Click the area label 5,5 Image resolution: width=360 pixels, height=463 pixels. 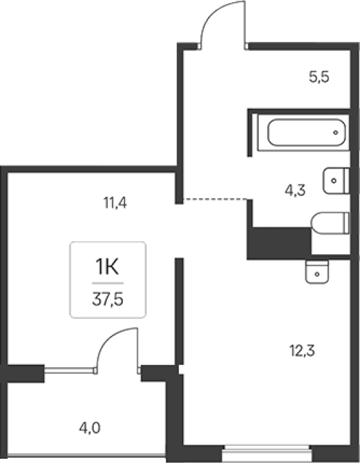tap(319, 77)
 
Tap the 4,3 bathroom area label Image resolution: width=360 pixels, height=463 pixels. tap(295, 190)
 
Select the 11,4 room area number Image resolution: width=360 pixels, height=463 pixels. tap(115, 203)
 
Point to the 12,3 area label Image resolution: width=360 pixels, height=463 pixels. tap(302, 351)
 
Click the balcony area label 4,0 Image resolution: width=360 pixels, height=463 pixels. tap(90, 428)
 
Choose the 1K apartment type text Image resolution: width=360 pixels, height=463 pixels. tap(107, 266)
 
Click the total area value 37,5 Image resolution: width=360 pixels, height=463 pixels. tap(107, 299)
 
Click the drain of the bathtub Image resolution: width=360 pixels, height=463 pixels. tap(336, 132)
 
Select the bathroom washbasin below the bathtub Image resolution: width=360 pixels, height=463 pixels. tap(336, 180)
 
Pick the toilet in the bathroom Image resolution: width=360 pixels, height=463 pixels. tap(330, 223)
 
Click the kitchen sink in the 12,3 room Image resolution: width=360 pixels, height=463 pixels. tap(317, 272)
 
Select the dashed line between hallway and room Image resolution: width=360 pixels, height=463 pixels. tap(215, 199)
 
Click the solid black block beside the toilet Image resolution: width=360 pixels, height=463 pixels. tap(279, 243)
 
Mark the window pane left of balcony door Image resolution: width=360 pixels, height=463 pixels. tap(69, 370)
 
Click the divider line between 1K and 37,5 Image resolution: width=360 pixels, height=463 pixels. tap(107, 283)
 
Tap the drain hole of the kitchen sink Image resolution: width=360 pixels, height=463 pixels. tap(317, 274)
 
